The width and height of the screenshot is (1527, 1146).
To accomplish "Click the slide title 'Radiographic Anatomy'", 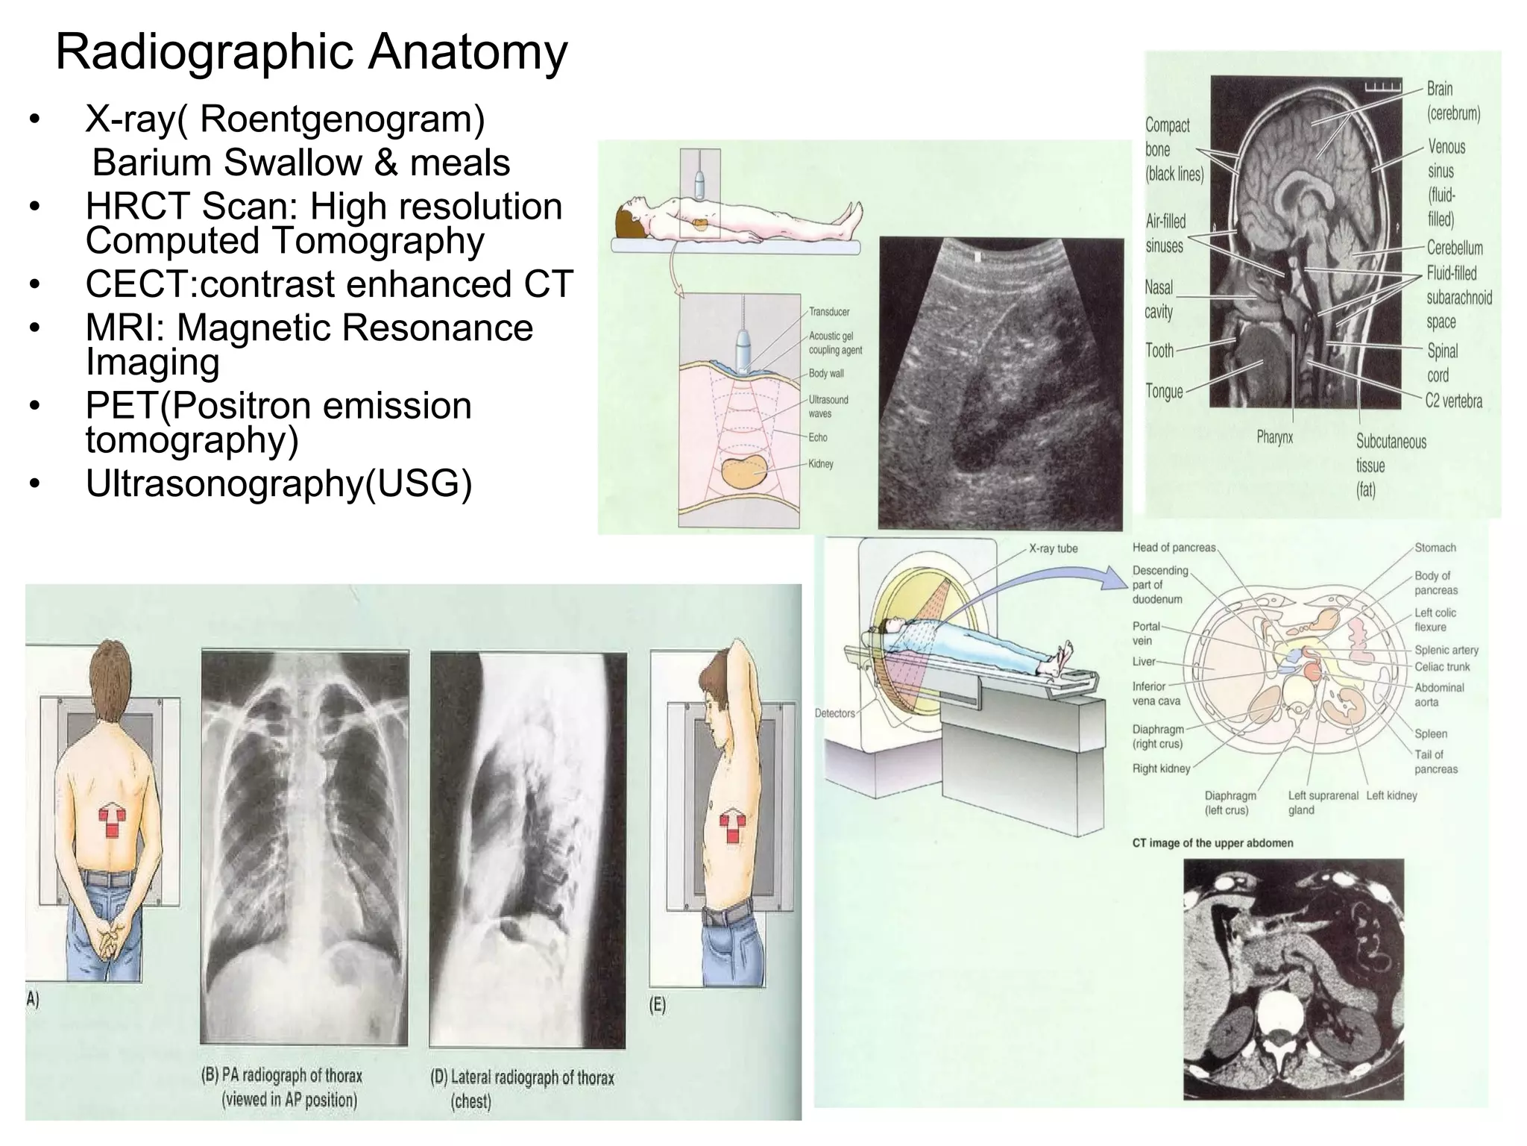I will coord(312,52).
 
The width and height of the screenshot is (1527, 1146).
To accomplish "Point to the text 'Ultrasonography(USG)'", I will coord(279,483).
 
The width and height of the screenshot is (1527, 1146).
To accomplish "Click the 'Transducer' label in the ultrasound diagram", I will coord(829,312).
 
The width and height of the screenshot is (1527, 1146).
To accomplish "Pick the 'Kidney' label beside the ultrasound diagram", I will coord(821,464).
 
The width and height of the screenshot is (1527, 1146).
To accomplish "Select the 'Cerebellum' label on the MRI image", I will coord(1455,248).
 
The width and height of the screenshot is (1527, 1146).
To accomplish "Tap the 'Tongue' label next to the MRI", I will coord(1164,391).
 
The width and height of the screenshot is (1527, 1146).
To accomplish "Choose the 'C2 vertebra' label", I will coord(1454,401).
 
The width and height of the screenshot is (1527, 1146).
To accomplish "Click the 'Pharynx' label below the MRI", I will coord(1274,437).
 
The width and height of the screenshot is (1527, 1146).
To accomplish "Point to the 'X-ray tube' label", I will coord(1053,548).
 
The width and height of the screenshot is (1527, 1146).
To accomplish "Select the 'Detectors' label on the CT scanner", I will coord(834,713).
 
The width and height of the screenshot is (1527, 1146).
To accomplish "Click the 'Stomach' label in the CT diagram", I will coord(1435,548).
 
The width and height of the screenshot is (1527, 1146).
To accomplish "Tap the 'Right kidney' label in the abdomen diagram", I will coord(1161,768).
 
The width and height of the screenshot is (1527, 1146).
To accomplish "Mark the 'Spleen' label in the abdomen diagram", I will coord(1431,733).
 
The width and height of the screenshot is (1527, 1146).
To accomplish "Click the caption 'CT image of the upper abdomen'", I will coord(1212,843).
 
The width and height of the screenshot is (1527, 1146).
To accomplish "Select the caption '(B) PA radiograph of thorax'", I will coord(282,1076).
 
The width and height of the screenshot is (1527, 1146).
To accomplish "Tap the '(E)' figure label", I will coord(657,1004).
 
